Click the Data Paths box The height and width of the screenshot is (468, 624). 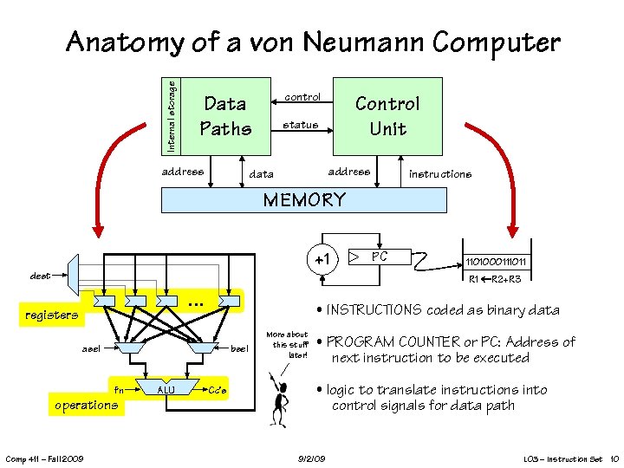pyautogui.click(x=225, y=116)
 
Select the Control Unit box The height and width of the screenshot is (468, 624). pyautogui.click(x=387, y=116)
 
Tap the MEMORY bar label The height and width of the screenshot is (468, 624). pyautogui.click(x=304, y=200)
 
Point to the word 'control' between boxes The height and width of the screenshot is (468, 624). pyautogui.click(x=302, y=97)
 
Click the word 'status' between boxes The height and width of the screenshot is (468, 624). pyautogui.click(x=301, y=125)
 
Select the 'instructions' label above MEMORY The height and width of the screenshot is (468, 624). pyautogui.click(x=440, y=174)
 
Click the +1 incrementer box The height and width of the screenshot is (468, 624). pyautogui.click(x=322, y=259)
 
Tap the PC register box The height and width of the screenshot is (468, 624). pyautogui.click(x=380, y=257)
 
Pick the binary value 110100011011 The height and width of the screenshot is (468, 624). pyautogui.click(x=496, y=262)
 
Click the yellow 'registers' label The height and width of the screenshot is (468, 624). pyautogui.click(x=51, y=315)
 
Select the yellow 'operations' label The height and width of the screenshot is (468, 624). pyautogui.click(x=86, y=405)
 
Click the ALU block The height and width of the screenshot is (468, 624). pyautogui.click(x=165, y=390)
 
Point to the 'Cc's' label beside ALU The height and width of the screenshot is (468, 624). pyautogui.click(x=218, y=391)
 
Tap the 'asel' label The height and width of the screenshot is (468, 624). pyautogui.click(x=90, y=348)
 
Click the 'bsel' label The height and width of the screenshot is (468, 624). pyautogui.click(x=239, y=348)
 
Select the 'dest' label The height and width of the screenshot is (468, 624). pyautogui.click(x=40, y=276)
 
